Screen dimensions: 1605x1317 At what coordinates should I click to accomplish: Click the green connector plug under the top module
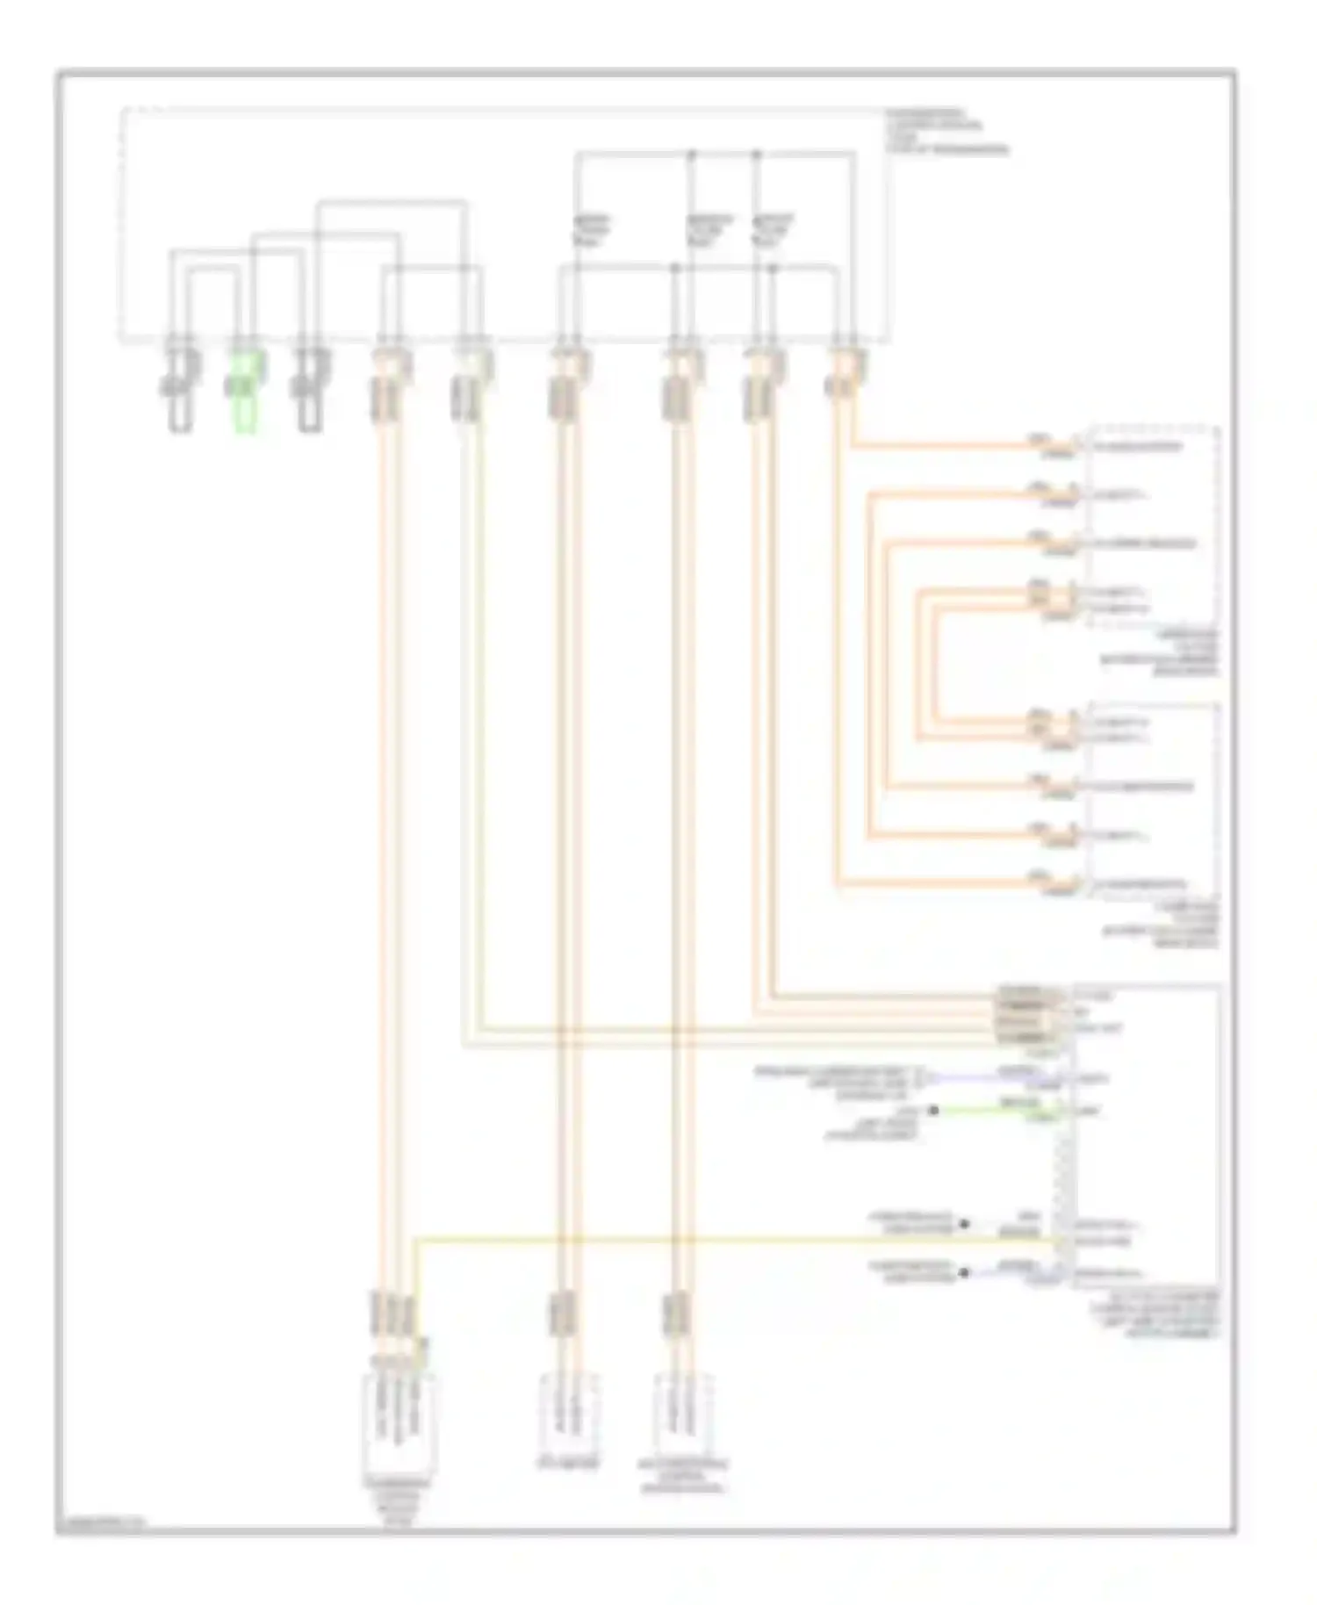[243, 393]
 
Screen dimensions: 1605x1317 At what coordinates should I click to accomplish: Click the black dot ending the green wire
[934, 1112]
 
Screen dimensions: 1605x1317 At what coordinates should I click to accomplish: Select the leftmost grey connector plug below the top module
[181, 391]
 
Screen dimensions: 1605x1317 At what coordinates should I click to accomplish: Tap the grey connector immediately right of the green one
[309, 391]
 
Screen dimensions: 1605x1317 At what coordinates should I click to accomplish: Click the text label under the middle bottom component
[568, 1465]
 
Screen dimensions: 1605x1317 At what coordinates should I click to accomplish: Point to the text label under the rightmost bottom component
[684, 1473]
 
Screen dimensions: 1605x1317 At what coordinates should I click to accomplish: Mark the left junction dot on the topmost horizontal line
[691, 154]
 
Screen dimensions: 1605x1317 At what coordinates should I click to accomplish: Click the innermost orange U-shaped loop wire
[937, 665]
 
